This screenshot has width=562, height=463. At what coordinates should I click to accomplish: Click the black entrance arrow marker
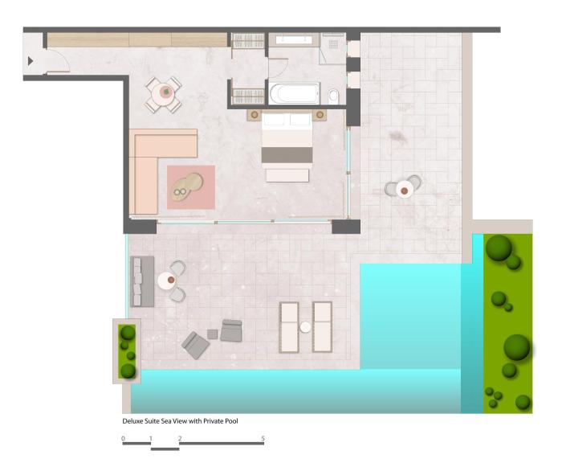(x=31, y=61)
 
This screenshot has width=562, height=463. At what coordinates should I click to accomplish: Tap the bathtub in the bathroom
(x=294, y=94)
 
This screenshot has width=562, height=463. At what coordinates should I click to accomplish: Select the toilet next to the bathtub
(x=333, y=96)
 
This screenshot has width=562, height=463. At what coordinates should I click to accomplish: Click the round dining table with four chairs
(x=164, y=95)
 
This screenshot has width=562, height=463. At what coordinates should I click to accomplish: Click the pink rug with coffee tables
(x=191, y=187)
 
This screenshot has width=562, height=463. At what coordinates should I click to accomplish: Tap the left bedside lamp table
(x=255, y=115)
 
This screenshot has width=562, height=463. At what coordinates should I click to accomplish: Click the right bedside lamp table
(x=320, y=115)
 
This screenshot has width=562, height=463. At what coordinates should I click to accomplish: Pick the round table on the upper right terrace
(x=405, y=190)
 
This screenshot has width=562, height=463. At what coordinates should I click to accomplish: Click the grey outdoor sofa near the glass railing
(x=142, y=281)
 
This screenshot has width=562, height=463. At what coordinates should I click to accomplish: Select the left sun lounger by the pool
(x=289, y=327)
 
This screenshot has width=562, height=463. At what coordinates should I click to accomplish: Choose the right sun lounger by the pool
(x=323, y=326)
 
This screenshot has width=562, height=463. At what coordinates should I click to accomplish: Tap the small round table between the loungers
(x=305, y=327)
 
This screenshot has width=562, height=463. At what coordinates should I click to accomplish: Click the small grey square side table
(x=213, y=334)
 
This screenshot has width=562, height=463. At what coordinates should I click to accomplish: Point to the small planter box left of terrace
(x=127, y=351)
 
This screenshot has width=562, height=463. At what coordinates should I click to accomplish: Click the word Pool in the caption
(x=231, y=421)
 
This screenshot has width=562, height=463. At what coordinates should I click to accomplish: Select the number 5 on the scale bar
(x=263, y=438)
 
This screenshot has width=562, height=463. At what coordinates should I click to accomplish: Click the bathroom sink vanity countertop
(x=294, y=39)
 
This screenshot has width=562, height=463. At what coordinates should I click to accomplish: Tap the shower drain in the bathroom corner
(x=333, y=44)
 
